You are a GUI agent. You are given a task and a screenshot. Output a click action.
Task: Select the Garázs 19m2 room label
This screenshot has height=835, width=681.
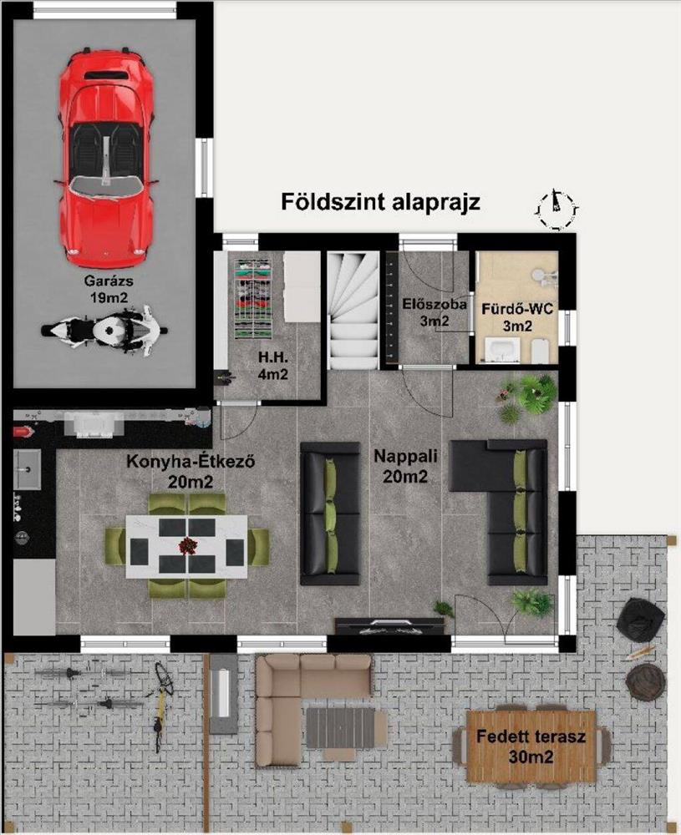click(x=109, y=289)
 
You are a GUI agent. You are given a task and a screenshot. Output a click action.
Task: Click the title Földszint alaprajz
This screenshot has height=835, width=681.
click(x=380, y=202)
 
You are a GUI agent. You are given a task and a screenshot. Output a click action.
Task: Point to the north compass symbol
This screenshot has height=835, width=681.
click(x=556, y=209)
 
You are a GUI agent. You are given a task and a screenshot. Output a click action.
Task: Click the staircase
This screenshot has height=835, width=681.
click(x=353, y=311)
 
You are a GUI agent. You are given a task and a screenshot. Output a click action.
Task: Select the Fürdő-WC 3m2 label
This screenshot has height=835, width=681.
click(x=517, y=317)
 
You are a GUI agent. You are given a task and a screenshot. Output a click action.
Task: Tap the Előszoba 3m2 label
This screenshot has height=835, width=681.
click(x=435, y=312)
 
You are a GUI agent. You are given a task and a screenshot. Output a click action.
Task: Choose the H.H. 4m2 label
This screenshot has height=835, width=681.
click(x=273, y=367)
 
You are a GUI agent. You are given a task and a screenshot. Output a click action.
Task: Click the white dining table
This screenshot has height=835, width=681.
click(x=187, y=546)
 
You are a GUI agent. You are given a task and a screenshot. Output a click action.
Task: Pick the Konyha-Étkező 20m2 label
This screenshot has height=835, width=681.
click(x=191, y=471)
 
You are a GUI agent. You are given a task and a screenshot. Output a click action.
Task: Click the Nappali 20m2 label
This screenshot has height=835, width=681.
click(x=405, y=465)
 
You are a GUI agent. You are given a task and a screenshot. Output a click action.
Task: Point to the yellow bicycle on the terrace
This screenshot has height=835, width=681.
click(x=161, y=706)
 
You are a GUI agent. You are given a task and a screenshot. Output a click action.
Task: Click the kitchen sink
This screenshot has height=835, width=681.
click(x=27, y=469)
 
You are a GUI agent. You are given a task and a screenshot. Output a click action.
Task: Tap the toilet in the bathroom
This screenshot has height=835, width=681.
click(x=541, y=350)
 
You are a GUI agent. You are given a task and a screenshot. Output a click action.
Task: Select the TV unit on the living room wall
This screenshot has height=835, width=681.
click(x=389, y=625)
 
